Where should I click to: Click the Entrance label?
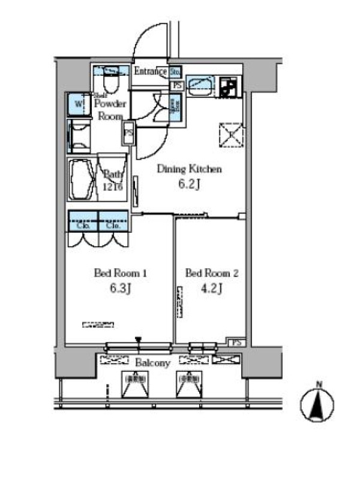click(150, 71)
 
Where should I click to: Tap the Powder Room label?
click(110, 110)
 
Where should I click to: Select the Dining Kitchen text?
click(190, 169)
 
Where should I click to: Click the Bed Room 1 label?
click(121, 274)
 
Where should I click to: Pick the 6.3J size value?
click(121, 289)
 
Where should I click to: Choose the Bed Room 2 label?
click(212, 274)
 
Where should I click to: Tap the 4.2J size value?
click(212, 289)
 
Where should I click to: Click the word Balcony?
click(153, 363)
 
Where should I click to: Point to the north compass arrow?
click(320, 405)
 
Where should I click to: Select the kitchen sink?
click(199, 86)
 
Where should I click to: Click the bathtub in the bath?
click(82, 179)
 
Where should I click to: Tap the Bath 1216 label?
click(112, 179)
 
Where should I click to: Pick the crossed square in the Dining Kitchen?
click(230, 134)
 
